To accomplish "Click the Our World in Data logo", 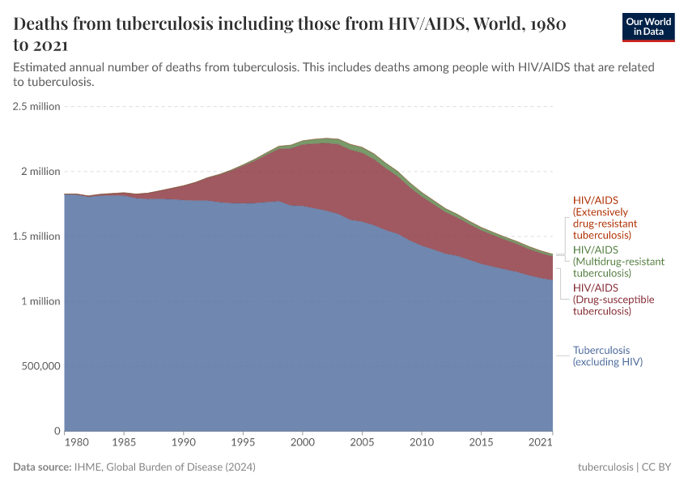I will [x=648, y=27].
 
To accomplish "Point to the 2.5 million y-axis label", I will [x=36, y=106].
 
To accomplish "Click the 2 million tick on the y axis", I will [x=40, y=172].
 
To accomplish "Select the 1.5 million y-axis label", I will [x=36, y=237].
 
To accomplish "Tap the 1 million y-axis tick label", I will [x=40, y=301].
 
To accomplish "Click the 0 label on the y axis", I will [x=57, y=431].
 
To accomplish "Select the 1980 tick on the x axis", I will [x=76, y=444].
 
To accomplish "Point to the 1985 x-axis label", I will [x=124, y=444].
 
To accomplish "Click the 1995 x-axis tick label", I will [x=243, y=444].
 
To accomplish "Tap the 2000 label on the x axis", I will [x=302, y=444].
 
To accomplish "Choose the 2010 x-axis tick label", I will [x=421, y=444].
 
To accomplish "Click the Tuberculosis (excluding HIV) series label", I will [x=607, y=356].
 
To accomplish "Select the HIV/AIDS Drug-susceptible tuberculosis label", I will [x=613, y=300].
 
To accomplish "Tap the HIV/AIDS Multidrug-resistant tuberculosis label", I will [x=618, y=261].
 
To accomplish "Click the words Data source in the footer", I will [x=42, y=467].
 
